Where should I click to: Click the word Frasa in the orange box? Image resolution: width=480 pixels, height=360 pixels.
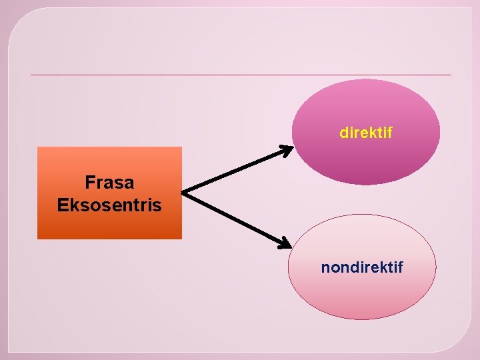[x=109, y=182]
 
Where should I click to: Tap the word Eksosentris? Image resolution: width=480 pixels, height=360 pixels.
[x=109, y=205]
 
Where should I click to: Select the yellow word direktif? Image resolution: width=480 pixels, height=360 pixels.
[x=366, y=133]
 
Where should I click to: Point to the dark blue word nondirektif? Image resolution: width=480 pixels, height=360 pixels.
[x=362, y=268]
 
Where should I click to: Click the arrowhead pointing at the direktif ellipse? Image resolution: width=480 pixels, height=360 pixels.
[x=287, y=149]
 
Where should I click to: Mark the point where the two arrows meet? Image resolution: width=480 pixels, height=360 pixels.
[x=183, y=193]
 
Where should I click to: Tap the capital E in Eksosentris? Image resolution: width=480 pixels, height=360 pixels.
[x=62, y=205]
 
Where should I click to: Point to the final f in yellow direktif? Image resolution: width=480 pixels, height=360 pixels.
[x=389, y=133]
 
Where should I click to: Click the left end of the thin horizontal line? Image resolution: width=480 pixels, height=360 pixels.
[x=31, y=75]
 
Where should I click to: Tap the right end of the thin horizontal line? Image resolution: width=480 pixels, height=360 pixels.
[x=451, y=75]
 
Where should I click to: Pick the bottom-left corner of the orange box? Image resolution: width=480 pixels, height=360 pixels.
[x=37, y=238]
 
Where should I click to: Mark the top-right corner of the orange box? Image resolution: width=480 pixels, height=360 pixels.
[x=181, y=147]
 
